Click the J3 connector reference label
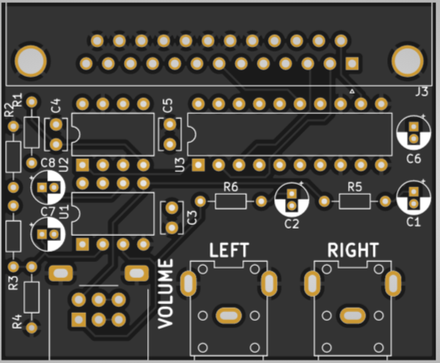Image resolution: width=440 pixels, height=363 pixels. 421,92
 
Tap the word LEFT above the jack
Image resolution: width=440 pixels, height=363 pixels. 228,250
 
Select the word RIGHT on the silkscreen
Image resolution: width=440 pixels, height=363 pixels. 352,250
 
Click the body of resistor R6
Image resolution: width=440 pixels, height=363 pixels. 231,201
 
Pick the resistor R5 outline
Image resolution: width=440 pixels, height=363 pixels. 354,200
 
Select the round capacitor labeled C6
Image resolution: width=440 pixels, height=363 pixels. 413,133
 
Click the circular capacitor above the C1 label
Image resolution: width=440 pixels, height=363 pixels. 413,197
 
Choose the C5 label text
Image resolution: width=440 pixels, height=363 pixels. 168,105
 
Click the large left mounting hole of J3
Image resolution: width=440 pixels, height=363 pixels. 30,61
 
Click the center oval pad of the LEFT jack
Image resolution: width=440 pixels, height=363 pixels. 228,314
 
